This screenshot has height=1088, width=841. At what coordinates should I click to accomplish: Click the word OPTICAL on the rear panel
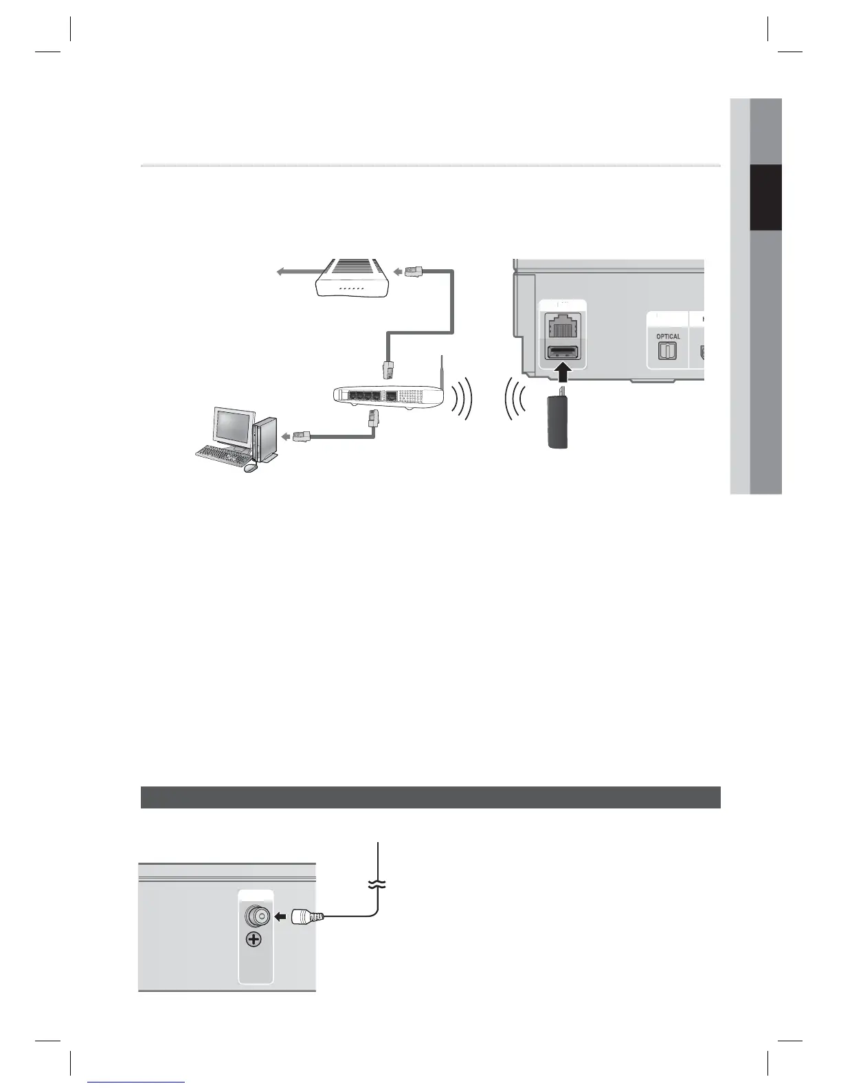click(668, 337)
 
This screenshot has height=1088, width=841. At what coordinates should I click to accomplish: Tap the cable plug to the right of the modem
click(413, 271)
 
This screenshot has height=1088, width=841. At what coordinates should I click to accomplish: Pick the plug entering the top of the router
click(389, 370)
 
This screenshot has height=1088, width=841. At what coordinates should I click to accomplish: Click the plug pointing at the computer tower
click(301, 435)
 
